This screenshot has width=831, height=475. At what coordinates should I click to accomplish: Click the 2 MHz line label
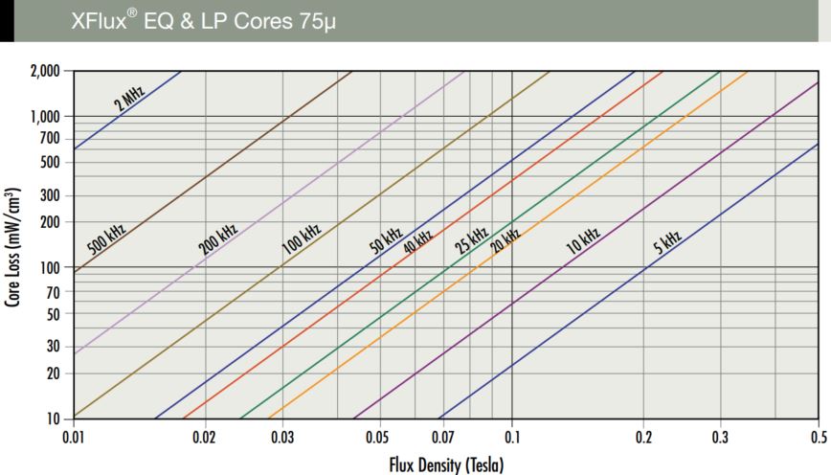tap(130, 98)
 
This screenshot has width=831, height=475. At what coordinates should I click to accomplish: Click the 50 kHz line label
tap(386, 238)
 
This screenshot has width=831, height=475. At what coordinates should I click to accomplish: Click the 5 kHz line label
tap(666, 240)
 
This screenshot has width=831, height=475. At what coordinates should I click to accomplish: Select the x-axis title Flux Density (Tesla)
tap(445, 465)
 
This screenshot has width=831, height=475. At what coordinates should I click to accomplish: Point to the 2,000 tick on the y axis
tap(45, 71)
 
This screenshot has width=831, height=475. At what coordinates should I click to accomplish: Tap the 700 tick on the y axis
tap(50, 139)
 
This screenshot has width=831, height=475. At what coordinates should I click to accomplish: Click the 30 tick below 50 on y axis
tap(54, 346)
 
